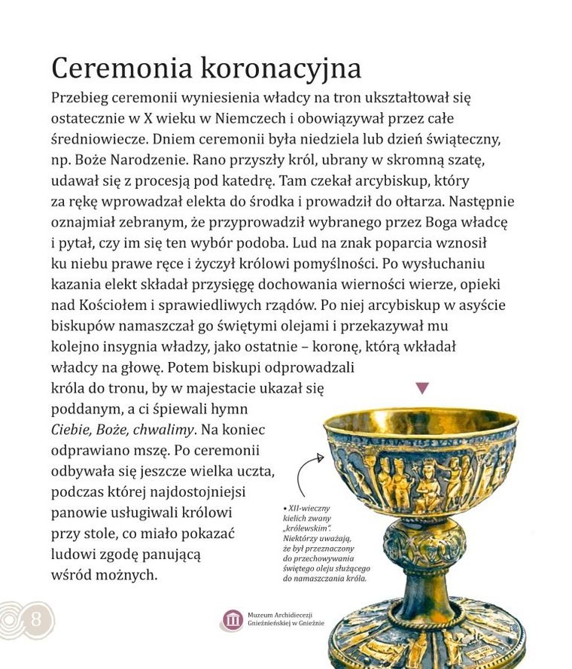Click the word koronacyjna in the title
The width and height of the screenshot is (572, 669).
[280, 68]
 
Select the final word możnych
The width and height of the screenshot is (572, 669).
[131, 576]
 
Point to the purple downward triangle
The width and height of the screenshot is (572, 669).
[422, 388]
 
